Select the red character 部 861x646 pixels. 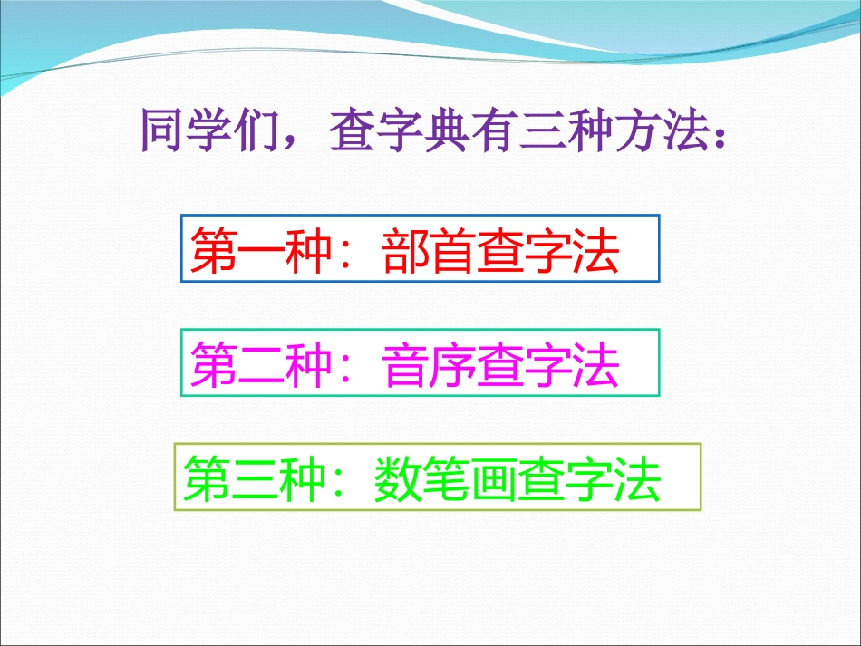[x=406, y=251]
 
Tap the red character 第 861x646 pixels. [x=214, y=251]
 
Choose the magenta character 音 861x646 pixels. [x=406, y=365]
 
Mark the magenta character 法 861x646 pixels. [x=595, y=365]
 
